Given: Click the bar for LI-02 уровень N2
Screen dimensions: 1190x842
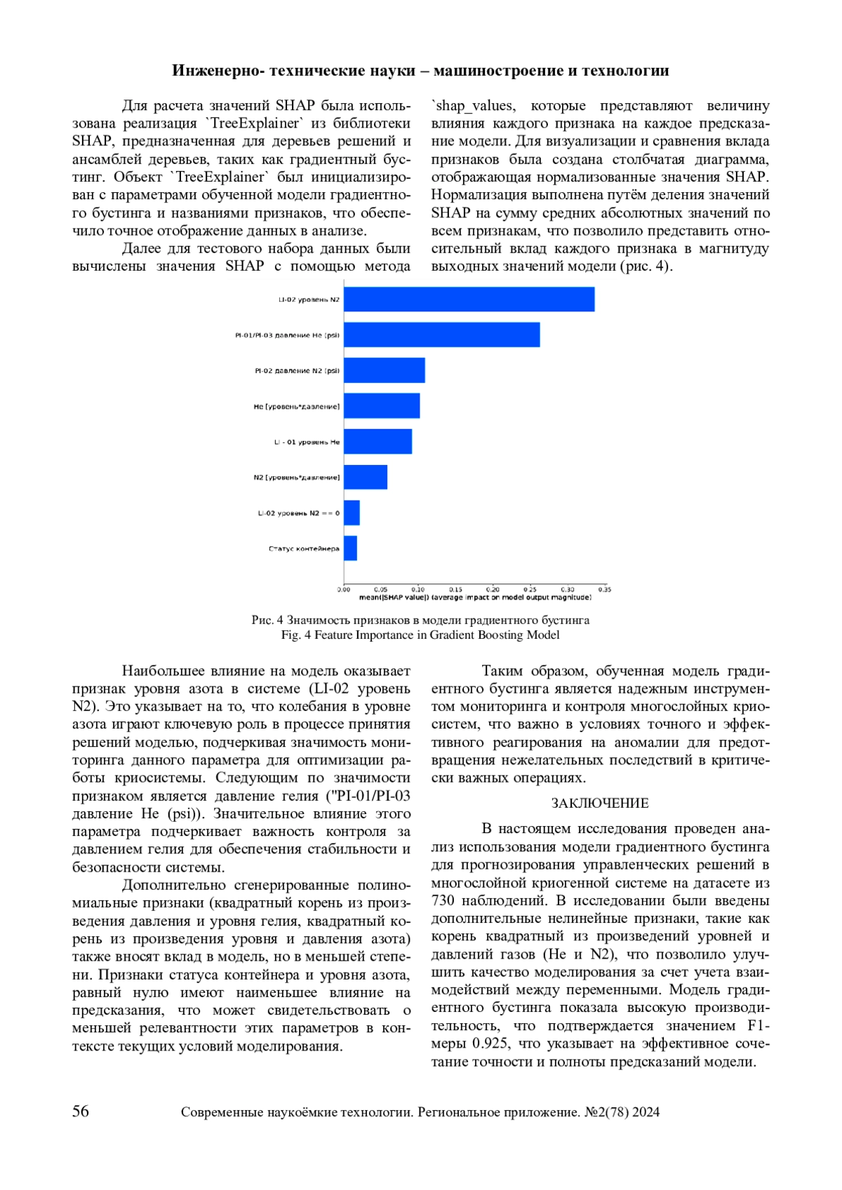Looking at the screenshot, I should click(x=469, y=299).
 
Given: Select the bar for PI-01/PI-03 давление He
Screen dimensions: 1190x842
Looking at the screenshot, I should click(x=441, y=335).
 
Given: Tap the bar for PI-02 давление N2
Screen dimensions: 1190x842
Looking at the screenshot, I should click(x=384, y=370).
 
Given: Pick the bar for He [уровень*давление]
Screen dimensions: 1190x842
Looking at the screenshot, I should click(x=382, y=406).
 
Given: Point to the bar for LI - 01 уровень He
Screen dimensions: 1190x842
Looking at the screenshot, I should click(x=377, y=442).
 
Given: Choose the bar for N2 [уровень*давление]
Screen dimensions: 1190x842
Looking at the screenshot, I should click(x=366, y=478).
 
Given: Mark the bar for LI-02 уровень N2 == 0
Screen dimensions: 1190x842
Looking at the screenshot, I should click(x=352, y=513).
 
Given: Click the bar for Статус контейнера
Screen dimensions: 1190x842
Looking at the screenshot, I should click(x=350, y=548).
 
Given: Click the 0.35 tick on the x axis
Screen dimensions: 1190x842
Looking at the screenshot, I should click(x=604, y=590).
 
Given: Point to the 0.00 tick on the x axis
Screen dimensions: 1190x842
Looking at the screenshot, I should click(x=344, y=590).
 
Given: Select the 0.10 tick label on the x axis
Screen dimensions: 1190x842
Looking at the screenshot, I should click(x=418, y=590).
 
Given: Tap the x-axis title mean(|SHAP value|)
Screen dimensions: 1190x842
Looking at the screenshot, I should click(x=475, y=597).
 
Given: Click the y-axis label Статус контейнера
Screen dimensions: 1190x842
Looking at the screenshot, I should click(x=304, y=549).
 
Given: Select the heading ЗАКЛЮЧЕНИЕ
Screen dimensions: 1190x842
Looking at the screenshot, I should click(x=600, y=804).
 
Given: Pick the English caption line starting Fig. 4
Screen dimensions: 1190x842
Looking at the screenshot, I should click(x=420, y=635).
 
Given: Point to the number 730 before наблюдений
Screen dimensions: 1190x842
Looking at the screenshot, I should click(x=443, y=900).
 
